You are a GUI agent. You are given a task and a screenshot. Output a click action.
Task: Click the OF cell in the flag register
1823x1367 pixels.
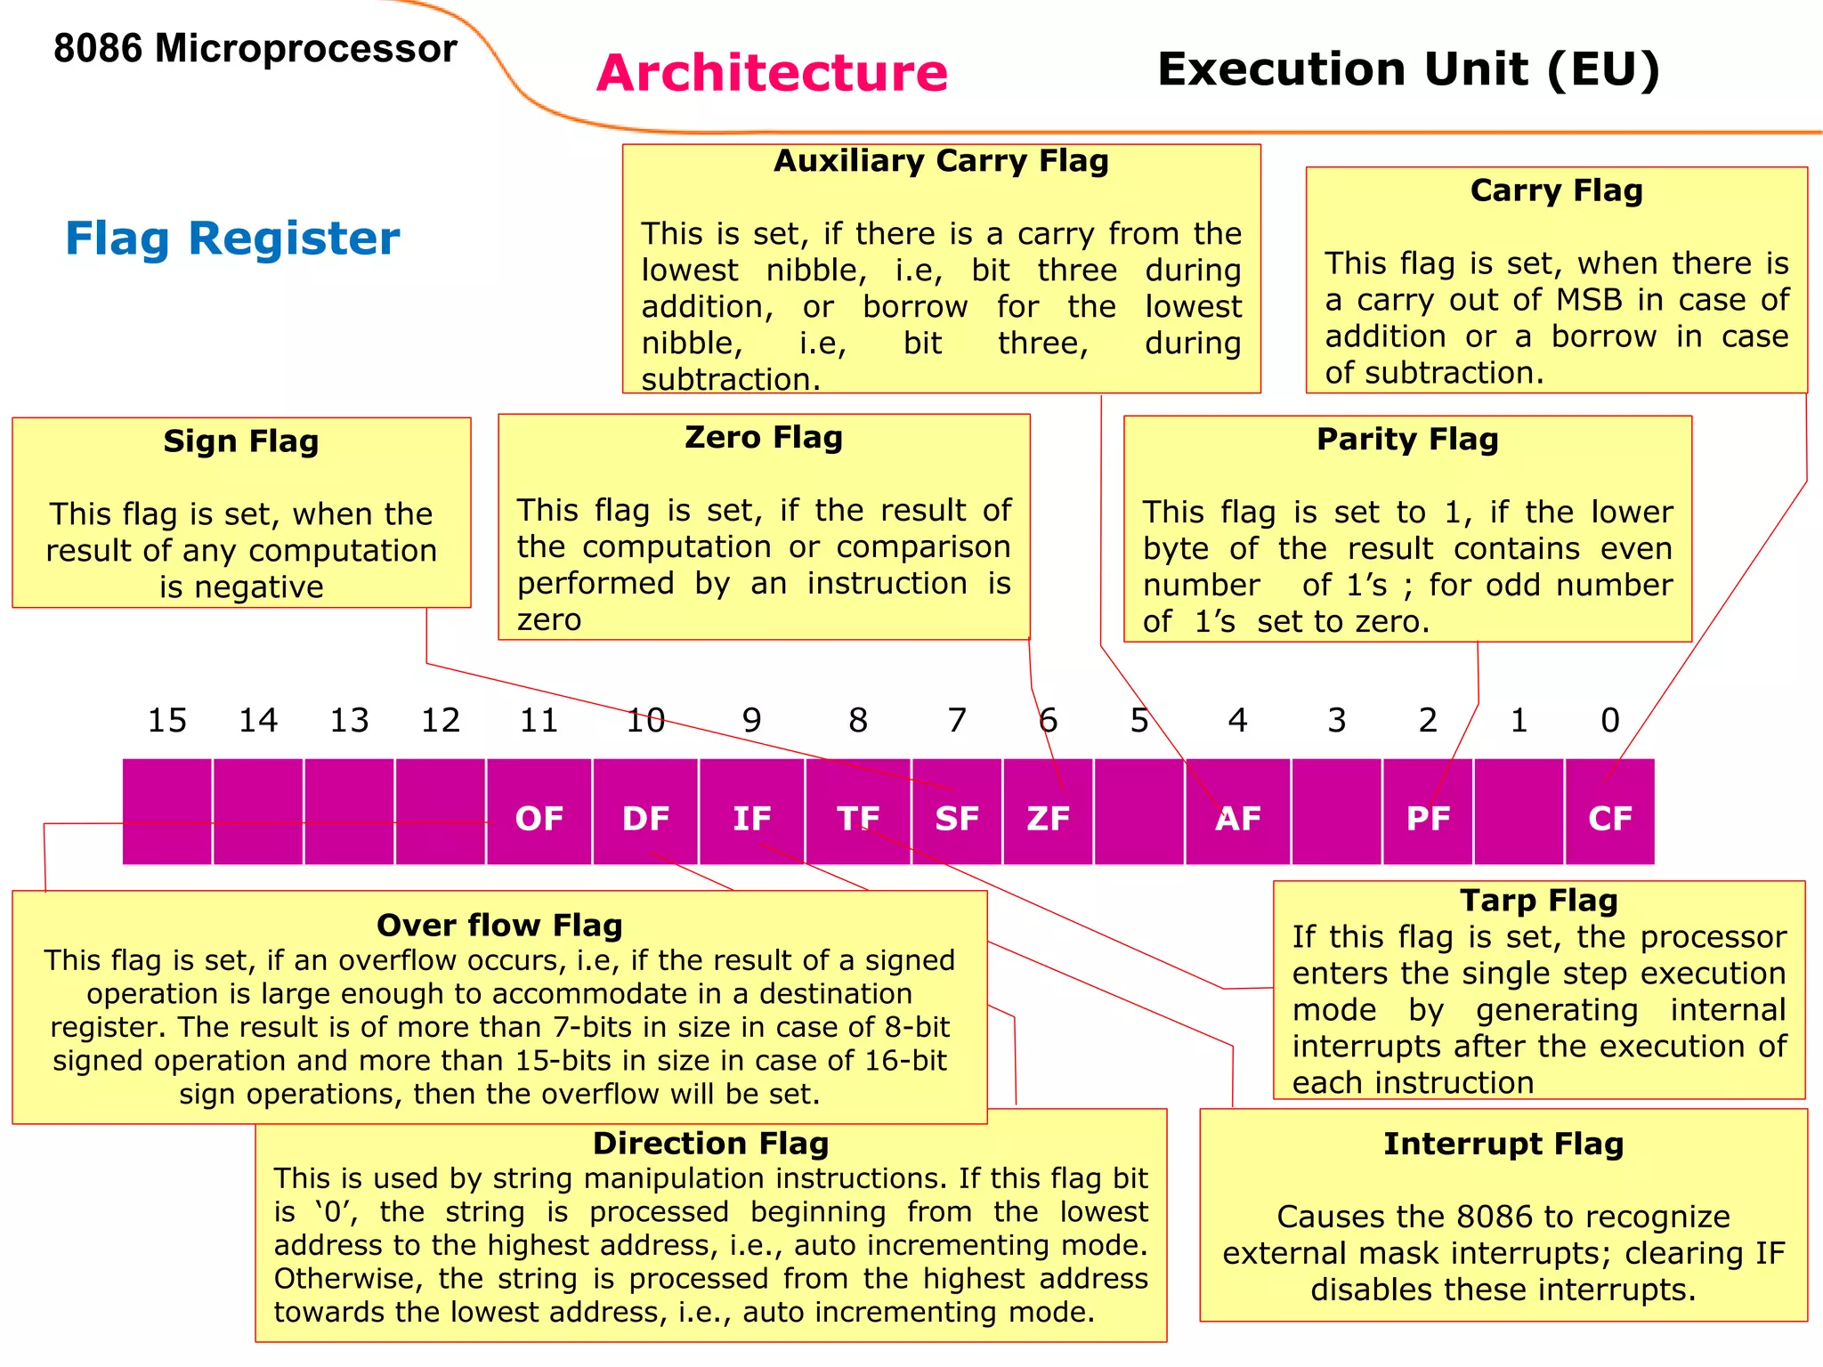click(539, 818)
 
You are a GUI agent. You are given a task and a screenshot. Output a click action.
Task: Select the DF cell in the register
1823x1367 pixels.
click(645, 818)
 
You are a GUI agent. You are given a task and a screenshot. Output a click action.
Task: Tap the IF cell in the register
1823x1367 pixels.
click(752, 818)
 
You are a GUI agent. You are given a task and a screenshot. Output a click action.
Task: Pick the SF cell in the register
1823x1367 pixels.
click(957, 818)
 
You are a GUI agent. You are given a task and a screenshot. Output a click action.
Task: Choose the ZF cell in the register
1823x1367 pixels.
click(1048, 818)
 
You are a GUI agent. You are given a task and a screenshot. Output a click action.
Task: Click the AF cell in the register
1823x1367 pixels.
click(1238, 818)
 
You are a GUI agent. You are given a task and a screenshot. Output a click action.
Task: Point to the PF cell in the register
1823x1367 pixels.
click(1428, 818)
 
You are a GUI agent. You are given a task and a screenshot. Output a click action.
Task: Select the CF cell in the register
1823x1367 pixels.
click(1610, 818)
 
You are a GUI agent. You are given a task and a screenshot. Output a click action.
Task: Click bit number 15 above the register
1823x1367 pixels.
click(167, 720)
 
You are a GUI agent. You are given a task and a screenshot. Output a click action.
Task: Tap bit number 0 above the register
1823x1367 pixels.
click(1610, 720)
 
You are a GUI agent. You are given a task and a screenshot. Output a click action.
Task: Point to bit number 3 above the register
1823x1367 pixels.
click(1336, 720)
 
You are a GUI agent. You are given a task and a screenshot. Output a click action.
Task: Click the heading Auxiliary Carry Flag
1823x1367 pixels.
click(941, 161)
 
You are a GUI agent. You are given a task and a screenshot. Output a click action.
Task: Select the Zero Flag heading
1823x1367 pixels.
click(764, 437)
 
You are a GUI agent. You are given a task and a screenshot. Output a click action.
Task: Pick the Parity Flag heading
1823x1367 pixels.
click(1407, 439)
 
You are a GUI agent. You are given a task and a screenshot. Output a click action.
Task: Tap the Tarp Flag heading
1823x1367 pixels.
click(1539, 900)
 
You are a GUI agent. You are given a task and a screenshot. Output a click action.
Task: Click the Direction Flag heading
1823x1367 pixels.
click(710, 1143)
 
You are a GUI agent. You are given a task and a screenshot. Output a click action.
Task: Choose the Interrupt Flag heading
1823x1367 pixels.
click(1503, 1144)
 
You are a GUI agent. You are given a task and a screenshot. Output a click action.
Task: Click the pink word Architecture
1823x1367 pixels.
click(772, 72)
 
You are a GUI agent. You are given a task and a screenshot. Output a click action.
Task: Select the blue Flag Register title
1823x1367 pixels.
click(232, 239)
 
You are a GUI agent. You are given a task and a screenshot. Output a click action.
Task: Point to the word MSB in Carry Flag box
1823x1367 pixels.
click(1590, 300)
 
